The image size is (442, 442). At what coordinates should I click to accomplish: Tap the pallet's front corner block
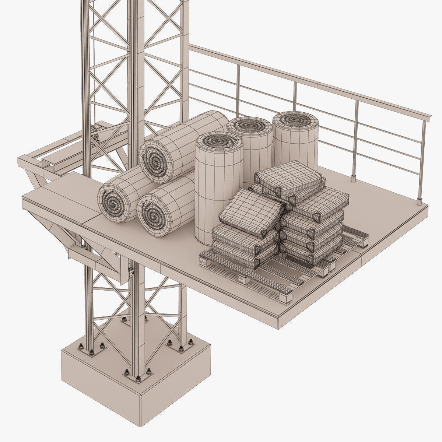click(x=286, y=297)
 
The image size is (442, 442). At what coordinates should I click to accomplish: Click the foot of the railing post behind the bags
click(x=353, y=178)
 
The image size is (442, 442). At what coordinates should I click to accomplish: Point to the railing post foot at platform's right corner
click(x=419, y=201)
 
